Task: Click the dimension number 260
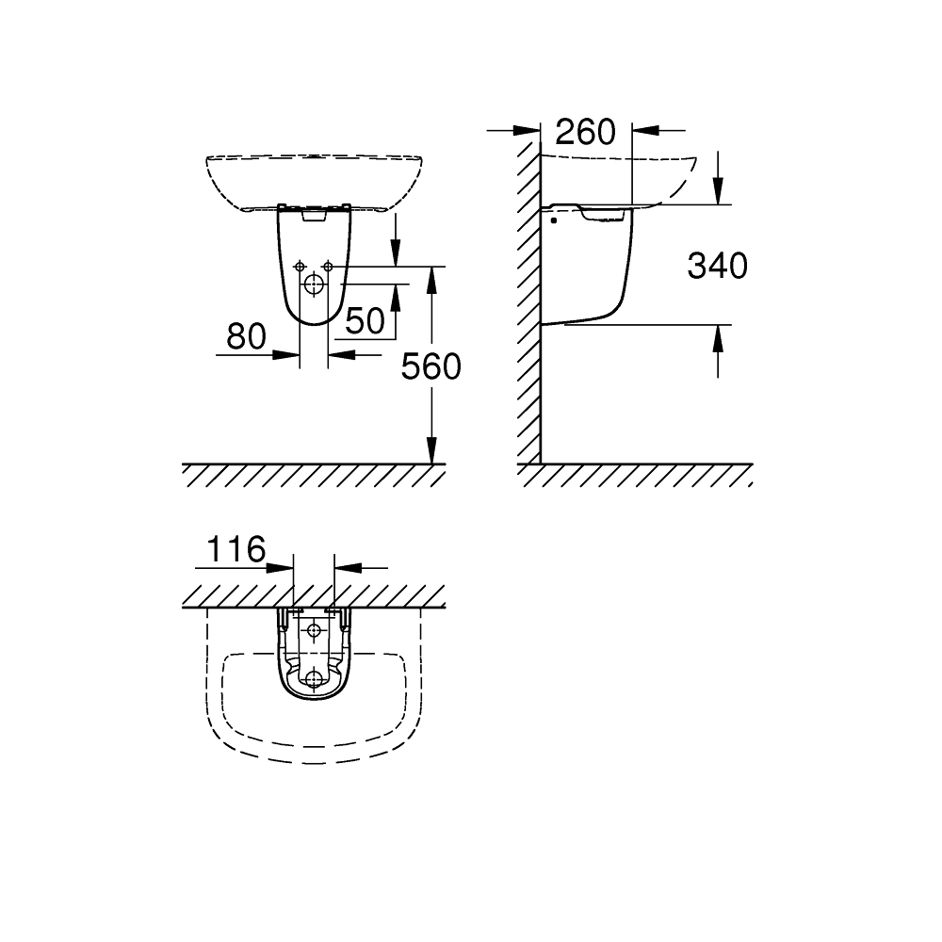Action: (585, 132)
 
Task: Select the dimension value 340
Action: (717, 266)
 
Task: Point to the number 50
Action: (365, 320)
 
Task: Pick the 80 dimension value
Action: (246, 336)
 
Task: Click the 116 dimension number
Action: (235, 549)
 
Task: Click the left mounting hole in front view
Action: (300, 267)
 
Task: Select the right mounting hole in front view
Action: (328, 267)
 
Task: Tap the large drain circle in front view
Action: (314, 284)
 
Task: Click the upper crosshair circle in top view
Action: (314, 630)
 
